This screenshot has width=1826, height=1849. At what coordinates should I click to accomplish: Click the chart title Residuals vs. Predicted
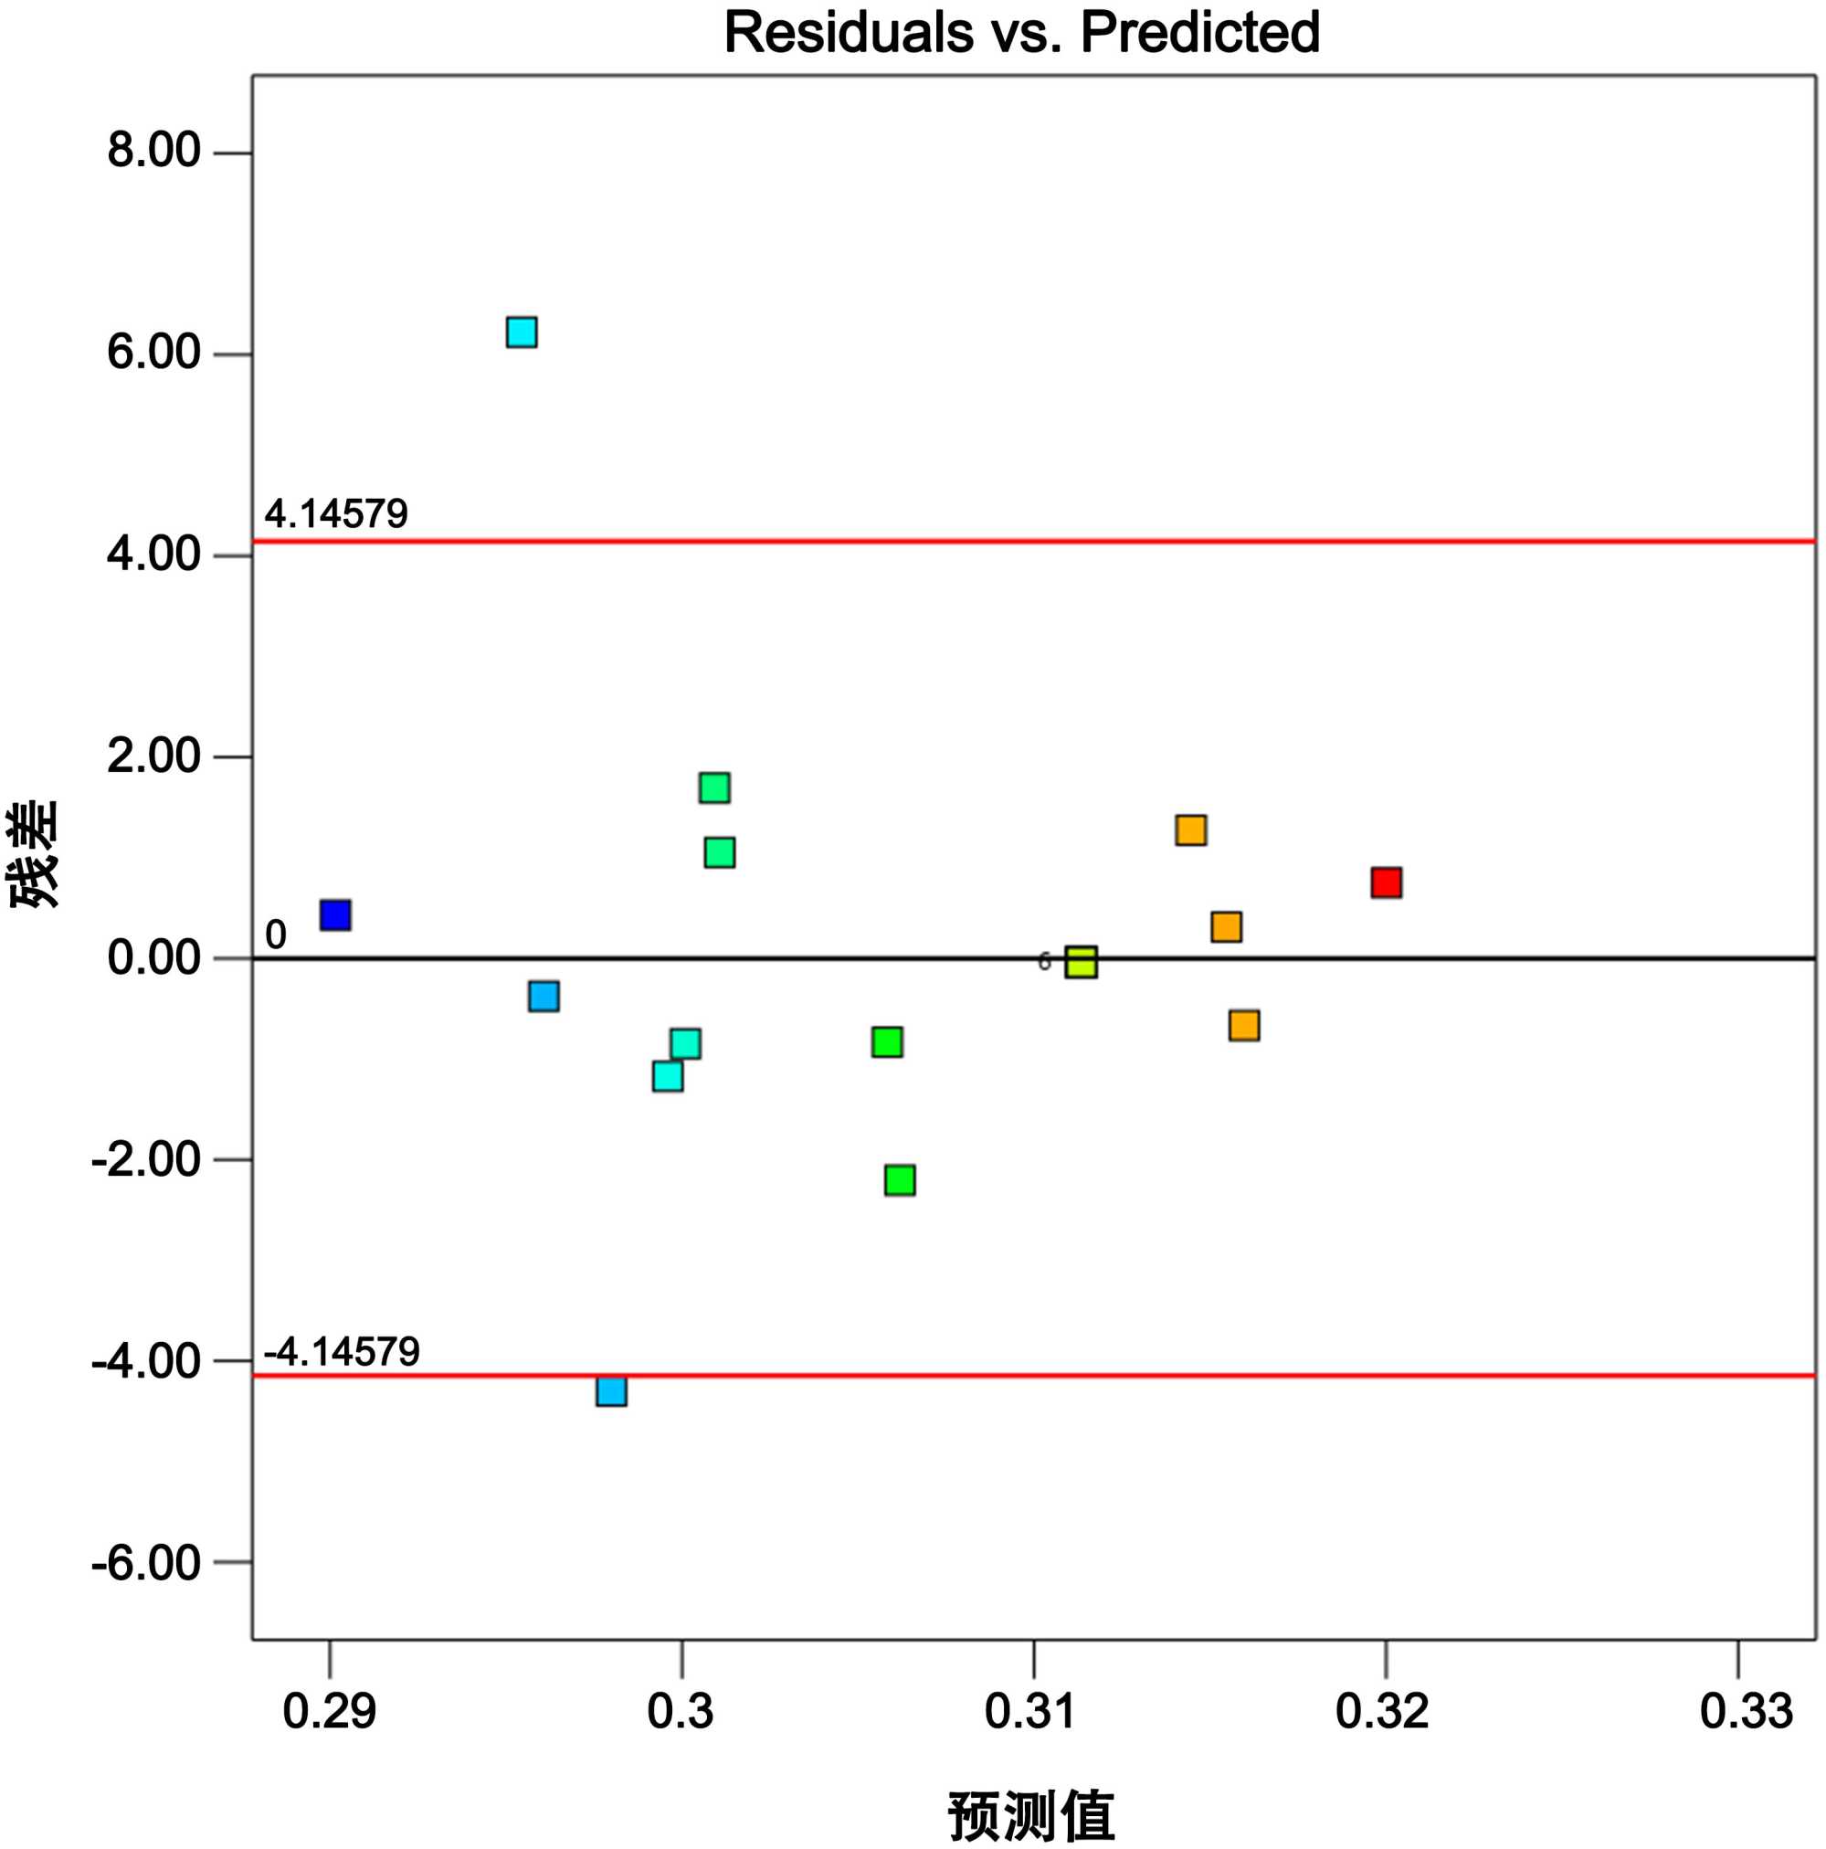pos(1021,33)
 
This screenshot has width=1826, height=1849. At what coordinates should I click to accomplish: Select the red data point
pos(1386,882)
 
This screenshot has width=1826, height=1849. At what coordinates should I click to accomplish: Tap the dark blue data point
pos(335,915)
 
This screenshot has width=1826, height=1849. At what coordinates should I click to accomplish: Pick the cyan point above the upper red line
pos(522,333)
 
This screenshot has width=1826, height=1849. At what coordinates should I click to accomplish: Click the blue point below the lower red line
pos(611,1390)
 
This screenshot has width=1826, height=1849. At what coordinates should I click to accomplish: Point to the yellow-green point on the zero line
pos(1082,962)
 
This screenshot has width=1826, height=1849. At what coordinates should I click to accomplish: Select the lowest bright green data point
pos(900,1180)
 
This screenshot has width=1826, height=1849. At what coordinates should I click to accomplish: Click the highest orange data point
pos(1190,829)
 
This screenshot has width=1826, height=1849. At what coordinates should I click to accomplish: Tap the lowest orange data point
pos(1244,1026)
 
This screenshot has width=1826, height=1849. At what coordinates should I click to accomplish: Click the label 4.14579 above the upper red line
pos(336,515)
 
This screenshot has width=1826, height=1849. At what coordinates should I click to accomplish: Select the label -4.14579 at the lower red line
pos(342,1351)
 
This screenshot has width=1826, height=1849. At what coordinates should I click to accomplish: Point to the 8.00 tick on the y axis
pos(153,152)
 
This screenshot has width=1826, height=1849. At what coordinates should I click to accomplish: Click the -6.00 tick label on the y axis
pos(145,1564)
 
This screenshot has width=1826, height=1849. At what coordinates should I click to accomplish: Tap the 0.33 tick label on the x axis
pos(1746,1712)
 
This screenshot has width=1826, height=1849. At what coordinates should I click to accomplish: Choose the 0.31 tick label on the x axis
pos(1030,1712)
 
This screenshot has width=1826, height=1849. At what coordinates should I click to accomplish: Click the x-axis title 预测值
pos(1030,1814)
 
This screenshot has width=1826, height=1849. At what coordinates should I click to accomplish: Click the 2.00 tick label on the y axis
pos(153,757)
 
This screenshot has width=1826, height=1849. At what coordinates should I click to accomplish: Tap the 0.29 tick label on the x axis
pos(329,1712)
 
